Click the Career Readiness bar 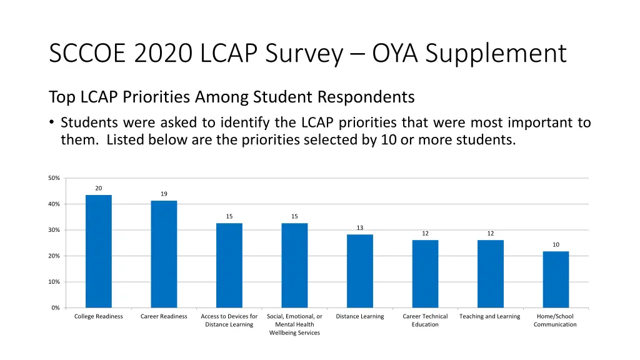[x=164, y=254]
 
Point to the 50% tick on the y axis [x=54, y=179]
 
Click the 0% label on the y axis [x=55, y=308]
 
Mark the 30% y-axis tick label [x=54, y=231]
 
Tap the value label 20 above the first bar [x=99, y=188]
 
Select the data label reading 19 [x=164, y=194]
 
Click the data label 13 [x=360, y=228]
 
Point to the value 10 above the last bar [x=556, y=244]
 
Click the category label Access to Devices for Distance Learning [x=229, y=321]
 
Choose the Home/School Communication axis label [x=555, y=321]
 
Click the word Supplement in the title [x=497, y=53]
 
